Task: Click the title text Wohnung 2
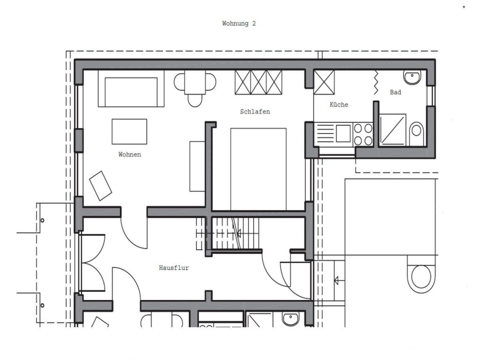click(239, 23)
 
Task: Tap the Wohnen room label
click(130, 155)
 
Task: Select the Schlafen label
click(255, 112)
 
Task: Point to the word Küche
click(339, 105)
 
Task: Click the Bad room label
click(396, 92)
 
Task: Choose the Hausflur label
click(174, 268)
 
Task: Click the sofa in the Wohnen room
click(131, 89)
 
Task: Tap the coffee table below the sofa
click(129, 132)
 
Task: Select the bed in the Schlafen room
click(258, 169)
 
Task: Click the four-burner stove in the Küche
click(363, 135)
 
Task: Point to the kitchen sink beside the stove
click(343, 134)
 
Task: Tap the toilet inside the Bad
click(416, 134)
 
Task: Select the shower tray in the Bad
click(393, 130)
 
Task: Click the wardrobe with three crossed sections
click(258, 82)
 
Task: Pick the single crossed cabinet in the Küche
click(324, 82)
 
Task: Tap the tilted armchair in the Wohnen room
click(100, 186)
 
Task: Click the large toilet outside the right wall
click(421, 274)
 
